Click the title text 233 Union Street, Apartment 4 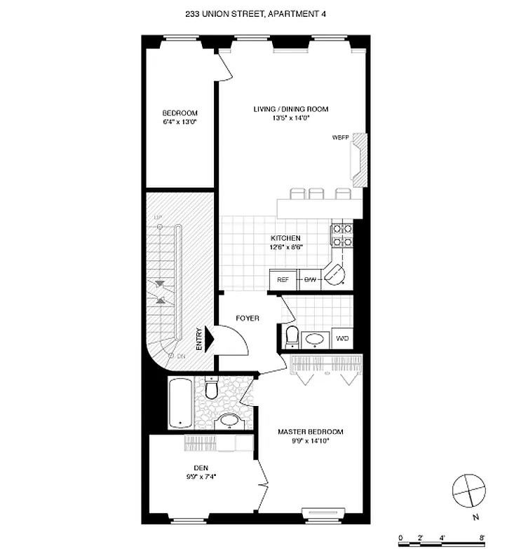pos(257,13)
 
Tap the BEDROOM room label pos(180,113)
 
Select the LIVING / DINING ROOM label pos(290,109)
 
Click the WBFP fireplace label pos(340,137)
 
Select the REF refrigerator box pos(283,280)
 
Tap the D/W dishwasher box pos(310,280)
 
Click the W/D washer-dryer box pos(342,339)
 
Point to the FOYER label pos(247,318)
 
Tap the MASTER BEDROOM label pos(310,432)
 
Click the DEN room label pos(201,468)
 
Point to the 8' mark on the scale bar pos(482,538)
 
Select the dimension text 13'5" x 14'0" pos(290,118)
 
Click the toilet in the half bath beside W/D pos(292,337)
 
